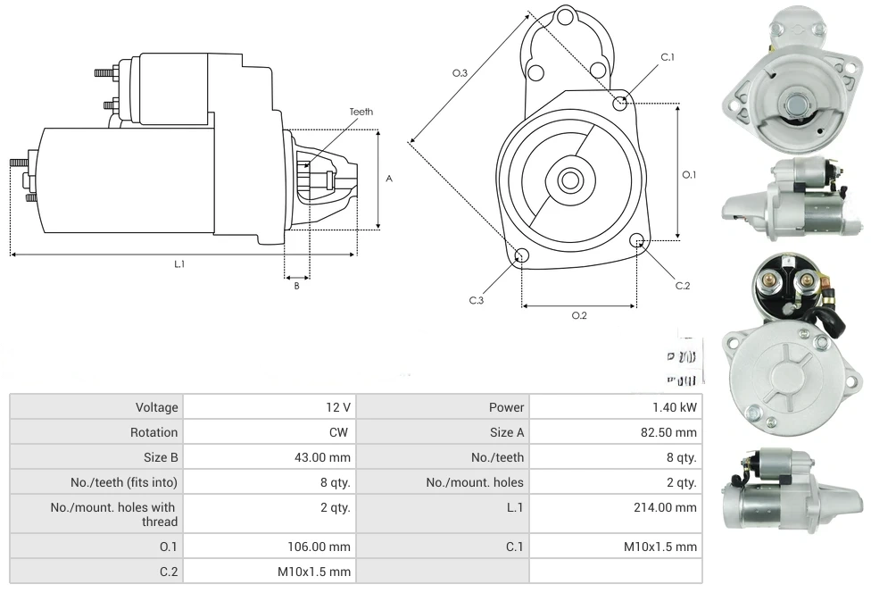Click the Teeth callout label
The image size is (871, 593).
click(x=361, y=112)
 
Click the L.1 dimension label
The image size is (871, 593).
click(x=179, y=263)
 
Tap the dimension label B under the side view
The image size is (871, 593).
click(x=296, y=286)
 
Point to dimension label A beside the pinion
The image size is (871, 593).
click(x=389, y=179)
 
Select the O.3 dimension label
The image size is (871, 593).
click(x=460, y=72)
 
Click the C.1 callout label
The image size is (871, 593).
click(x=668, y=57)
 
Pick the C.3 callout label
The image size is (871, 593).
click(x=477, y=300)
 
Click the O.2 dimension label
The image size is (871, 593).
click(x=579, y=315)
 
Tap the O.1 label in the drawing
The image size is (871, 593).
click(x=689, y=175)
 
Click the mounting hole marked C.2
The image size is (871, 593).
click(x=637, y=241)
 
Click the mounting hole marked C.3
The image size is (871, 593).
click(x=523, y=257)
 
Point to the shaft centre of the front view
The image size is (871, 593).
click(x=569, y=180)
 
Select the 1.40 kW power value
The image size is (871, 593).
click(x=675, y=407)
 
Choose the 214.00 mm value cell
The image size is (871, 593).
click(x=665, y=507)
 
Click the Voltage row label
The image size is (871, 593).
click(x=157, y=407)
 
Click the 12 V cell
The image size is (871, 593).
click(x=338, y=407)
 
